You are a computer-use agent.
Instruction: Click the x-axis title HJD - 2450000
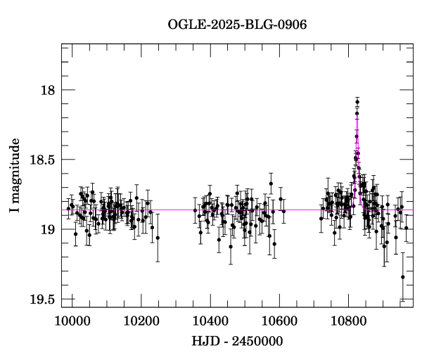click(x=237, y=342)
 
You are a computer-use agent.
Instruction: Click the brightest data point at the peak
click(x=357, y=102)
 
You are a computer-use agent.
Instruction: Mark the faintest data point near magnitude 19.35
click(x=403, y=277)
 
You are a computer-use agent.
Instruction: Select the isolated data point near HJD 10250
click(x=158, y=238)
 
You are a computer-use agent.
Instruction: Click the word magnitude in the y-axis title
click(x=15, y=167)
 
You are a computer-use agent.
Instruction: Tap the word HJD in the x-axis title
click(x=204, y=342)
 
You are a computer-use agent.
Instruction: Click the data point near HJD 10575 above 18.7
click(x=271, y=184)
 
